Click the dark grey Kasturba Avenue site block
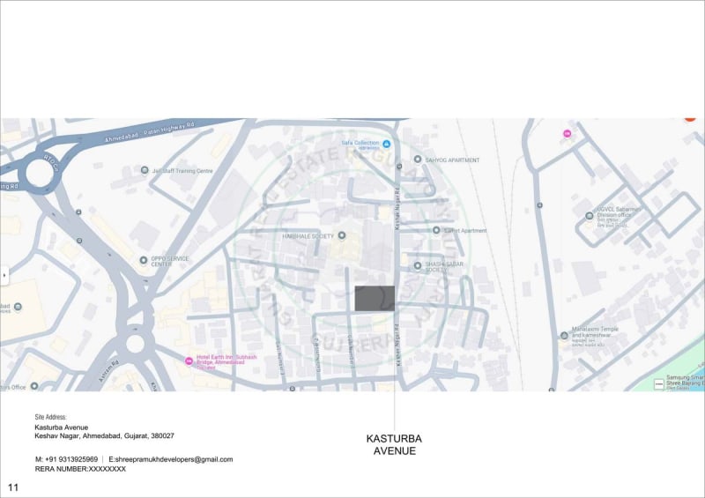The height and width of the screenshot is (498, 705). tap(375, 298)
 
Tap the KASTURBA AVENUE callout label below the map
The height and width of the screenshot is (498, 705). tap(394, 445)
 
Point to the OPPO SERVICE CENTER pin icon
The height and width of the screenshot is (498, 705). tap(144, 260)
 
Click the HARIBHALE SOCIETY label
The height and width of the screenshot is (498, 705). tap(308, 236)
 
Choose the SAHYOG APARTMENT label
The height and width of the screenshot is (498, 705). tap(453, 160)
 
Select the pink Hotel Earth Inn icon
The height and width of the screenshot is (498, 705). tap(188, 360)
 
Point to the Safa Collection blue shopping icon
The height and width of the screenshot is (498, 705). tap(385, 143)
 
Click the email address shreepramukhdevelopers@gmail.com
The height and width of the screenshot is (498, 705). tap(171, 459)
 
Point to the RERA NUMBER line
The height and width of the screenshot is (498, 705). tap(80, 470)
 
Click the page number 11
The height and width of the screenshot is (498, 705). tap(13, 487)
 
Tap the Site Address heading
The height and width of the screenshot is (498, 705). tap(51, 417)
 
